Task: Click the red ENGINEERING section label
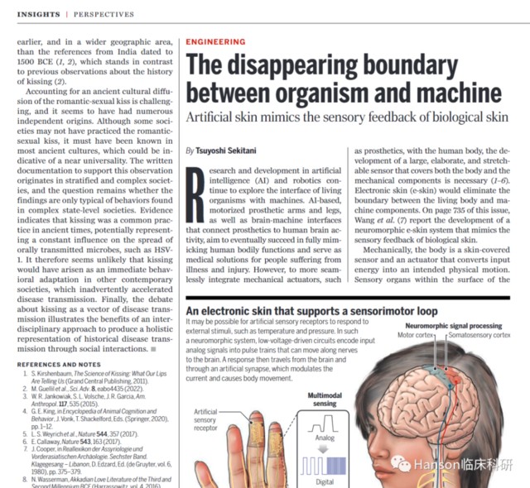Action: pyautogui.click(x=216, y=41)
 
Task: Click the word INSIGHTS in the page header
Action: pyautogui.click(x=38, y=15)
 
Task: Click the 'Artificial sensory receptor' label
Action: pyautogui.click(x=205, y=419)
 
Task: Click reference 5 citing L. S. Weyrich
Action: pyautogui.click(x=88, y=433)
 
